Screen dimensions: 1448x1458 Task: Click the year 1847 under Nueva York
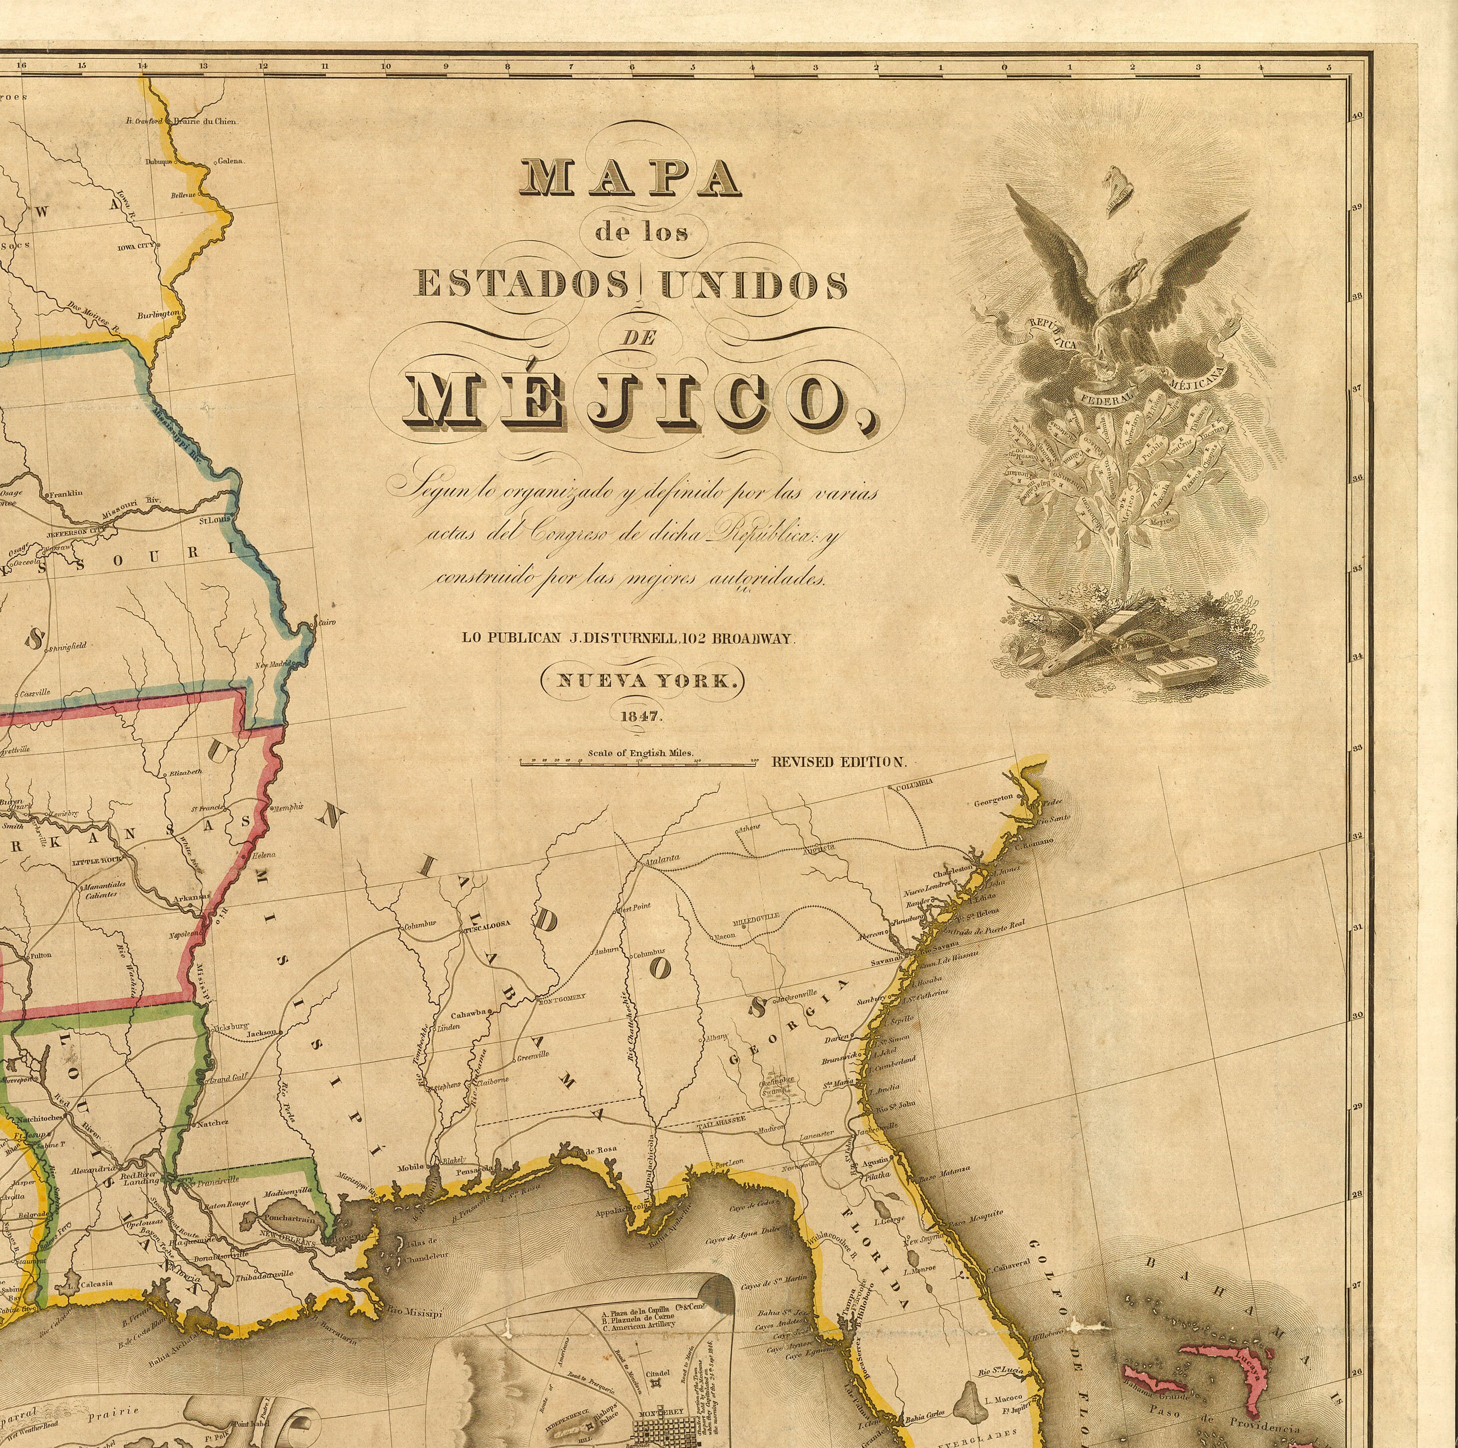[641, 717]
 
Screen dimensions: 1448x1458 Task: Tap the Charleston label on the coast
[953, 869]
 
